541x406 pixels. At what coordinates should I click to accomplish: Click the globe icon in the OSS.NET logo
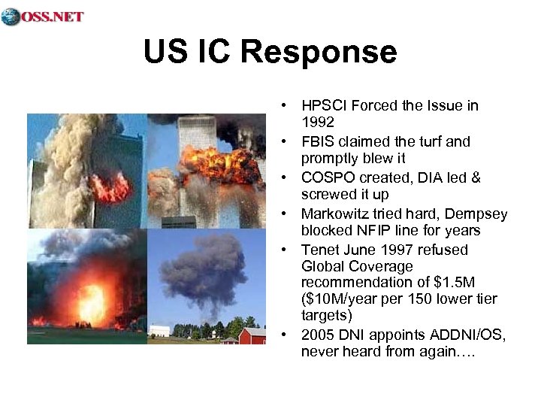pos(11,17)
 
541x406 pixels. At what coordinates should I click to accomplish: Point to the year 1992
pos(318,122)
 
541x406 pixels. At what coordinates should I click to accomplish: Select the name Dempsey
pos(476,214)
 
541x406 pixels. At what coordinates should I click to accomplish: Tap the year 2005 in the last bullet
pos(319,335)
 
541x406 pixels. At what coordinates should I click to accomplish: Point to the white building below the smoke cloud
pos(159,330)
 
